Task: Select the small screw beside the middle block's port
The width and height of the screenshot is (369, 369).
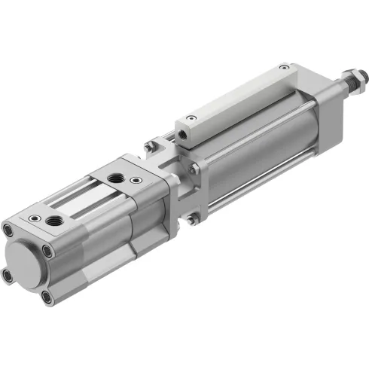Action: (x=136, y=180)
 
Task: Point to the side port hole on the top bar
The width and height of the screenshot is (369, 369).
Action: (x=183, y=138)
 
